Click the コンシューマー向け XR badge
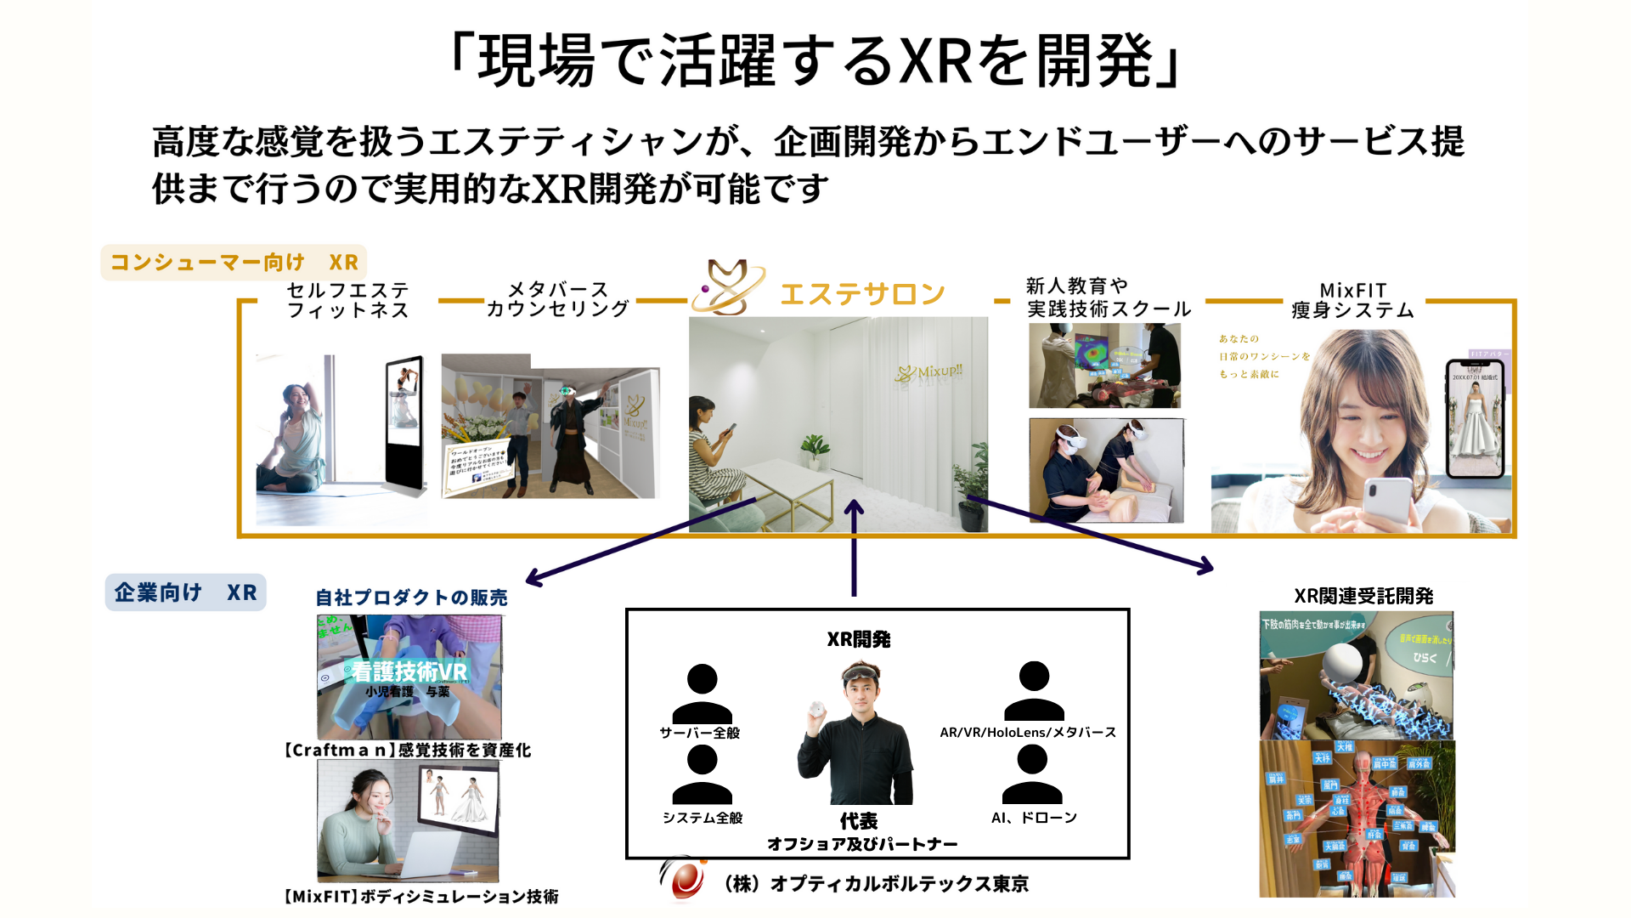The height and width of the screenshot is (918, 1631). (x=234, y=263)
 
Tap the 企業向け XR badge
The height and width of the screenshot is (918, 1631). (x=185, y=592)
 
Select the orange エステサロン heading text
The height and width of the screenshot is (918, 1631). (x=862, y=294)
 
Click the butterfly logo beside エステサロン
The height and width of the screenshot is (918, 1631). (x=729, y=287)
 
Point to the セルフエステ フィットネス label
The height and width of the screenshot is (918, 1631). (x=348, y=300)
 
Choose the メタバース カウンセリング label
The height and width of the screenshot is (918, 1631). (x=557, y=299)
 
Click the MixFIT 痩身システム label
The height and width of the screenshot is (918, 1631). (x=1352, y=301)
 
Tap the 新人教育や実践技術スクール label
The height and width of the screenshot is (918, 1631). (x=1109, y=297)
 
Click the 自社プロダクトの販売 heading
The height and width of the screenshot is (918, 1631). (x=411, y=598)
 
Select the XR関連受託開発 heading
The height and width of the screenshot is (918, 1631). (x=1363, y=596)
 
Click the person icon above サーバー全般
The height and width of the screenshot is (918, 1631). (x=702, y=694)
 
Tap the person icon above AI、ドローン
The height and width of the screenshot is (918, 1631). (x=1032, y=774)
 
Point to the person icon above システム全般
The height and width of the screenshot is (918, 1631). (x=702, y=774)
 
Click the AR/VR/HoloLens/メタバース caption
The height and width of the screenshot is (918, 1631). (x=1028, y=733)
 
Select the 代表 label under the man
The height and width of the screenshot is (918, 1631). (x=859, y=821)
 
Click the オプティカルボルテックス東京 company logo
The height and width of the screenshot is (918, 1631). (x=683, y=879)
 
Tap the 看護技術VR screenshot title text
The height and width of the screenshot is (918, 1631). (x=409, y=671)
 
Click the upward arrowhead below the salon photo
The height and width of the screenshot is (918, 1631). (x=854, y=508)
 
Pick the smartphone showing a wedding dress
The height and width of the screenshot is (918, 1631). (x=1475, y=418)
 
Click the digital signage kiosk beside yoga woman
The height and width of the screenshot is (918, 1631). (x=405, y=422)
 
